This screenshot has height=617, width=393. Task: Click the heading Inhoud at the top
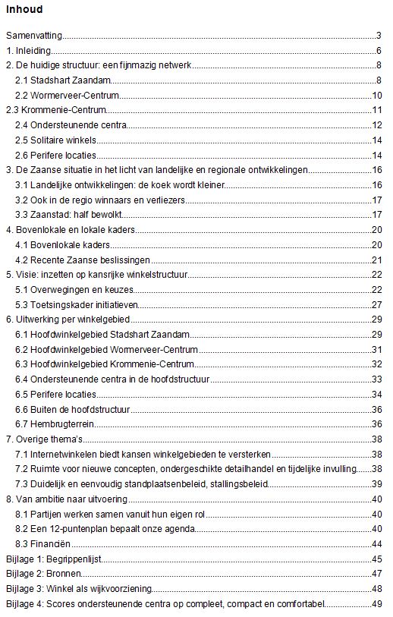[x=24, y=10]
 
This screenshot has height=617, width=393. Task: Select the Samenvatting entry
[x=33, y=36]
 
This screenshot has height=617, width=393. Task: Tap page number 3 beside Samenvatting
[x=377, y=36]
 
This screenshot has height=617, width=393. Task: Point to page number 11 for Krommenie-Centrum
[x=376, y=110]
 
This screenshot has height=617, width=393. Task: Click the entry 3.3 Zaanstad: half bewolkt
[x=68, y=215]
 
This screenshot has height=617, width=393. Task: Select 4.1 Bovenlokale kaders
[x=63, y=245]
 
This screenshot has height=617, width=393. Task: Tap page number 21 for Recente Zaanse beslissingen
[x=376, y=260]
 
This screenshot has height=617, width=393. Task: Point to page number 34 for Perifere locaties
[x=376, y=394]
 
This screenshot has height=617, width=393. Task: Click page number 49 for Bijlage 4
[x=376, y=604]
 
